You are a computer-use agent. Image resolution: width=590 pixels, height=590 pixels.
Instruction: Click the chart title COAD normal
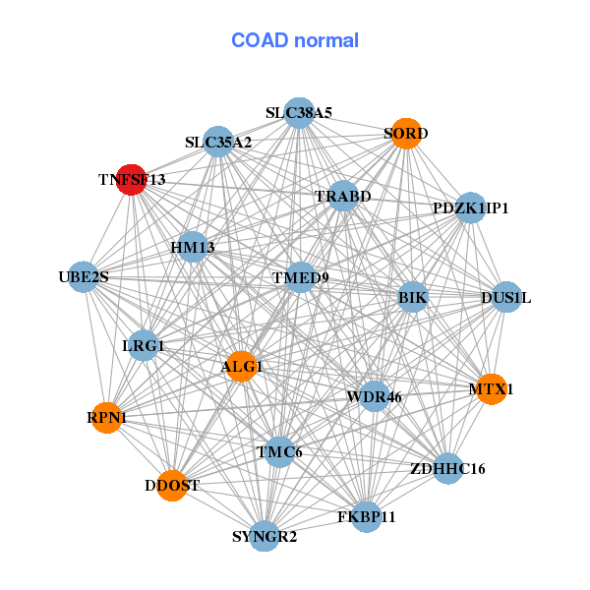point(294,41)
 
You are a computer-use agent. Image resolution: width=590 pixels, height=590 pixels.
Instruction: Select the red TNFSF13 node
point(132,180)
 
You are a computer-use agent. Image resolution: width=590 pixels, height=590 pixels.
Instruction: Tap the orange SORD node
point(406,133)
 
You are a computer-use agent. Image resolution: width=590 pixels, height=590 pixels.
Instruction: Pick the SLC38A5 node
point(299,113)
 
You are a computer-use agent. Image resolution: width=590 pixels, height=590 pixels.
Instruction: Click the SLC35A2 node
point(218,143)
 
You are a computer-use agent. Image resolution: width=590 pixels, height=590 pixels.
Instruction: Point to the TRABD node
point(342,197)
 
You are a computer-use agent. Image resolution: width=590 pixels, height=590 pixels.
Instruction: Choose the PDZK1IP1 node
point(471,207)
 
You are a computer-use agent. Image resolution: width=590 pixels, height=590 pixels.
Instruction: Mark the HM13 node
point(193,247)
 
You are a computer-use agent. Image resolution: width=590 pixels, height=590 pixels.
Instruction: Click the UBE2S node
point(84,277)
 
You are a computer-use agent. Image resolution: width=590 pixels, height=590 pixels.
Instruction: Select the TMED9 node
point(301,278)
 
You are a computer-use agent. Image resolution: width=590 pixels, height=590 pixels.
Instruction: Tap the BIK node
point(413,297)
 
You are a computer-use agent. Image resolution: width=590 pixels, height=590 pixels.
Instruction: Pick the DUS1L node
point(505,297)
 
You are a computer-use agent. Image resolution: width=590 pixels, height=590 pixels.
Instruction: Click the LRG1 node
point(144,346)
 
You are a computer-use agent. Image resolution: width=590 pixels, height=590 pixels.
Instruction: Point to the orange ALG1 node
point(241,367)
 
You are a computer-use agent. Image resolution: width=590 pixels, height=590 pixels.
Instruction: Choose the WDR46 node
point(374,397)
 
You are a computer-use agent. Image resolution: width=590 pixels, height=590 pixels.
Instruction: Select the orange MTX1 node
point(491,389)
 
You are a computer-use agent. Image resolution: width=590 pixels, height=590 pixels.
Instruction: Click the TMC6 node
point(279,452)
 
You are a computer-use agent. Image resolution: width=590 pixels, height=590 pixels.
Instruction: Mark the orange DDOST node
point(172,486)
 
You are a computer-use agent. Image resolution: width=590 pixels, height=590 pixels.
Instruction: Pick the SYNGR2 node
point(264,536)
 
